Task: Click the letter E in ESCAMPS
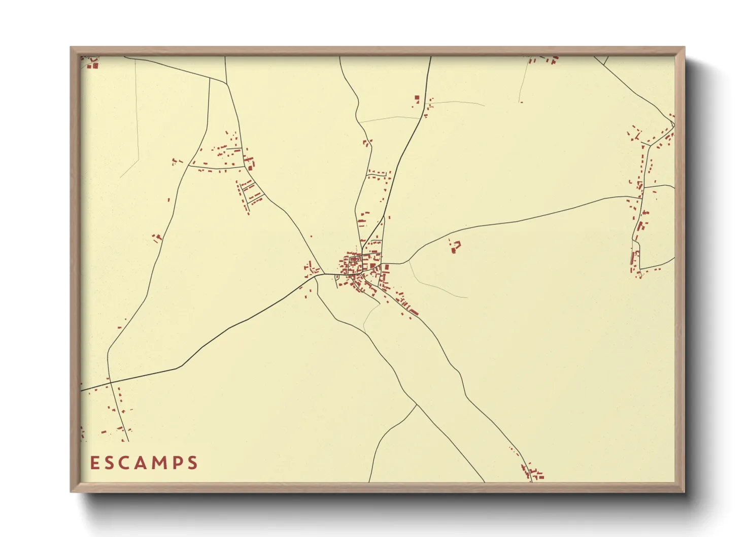tap(95, 463)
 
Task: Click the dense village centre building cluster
tap(358, 266)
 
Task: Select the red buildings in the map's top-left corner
tap(92, 63)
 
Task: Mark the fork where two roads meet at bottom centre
tap(417, 405)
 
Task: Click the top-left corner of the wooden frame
tap(72, 49)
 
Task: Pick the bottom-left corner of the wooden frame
tap(72, 491)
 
